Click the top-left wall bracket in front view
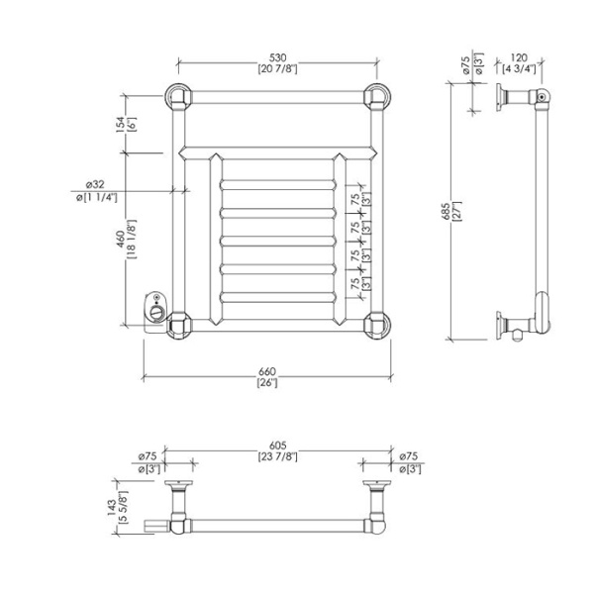point(177,97)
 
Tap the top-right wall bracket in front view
point(376,97)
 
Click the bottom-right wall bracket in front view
point(376,324)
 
